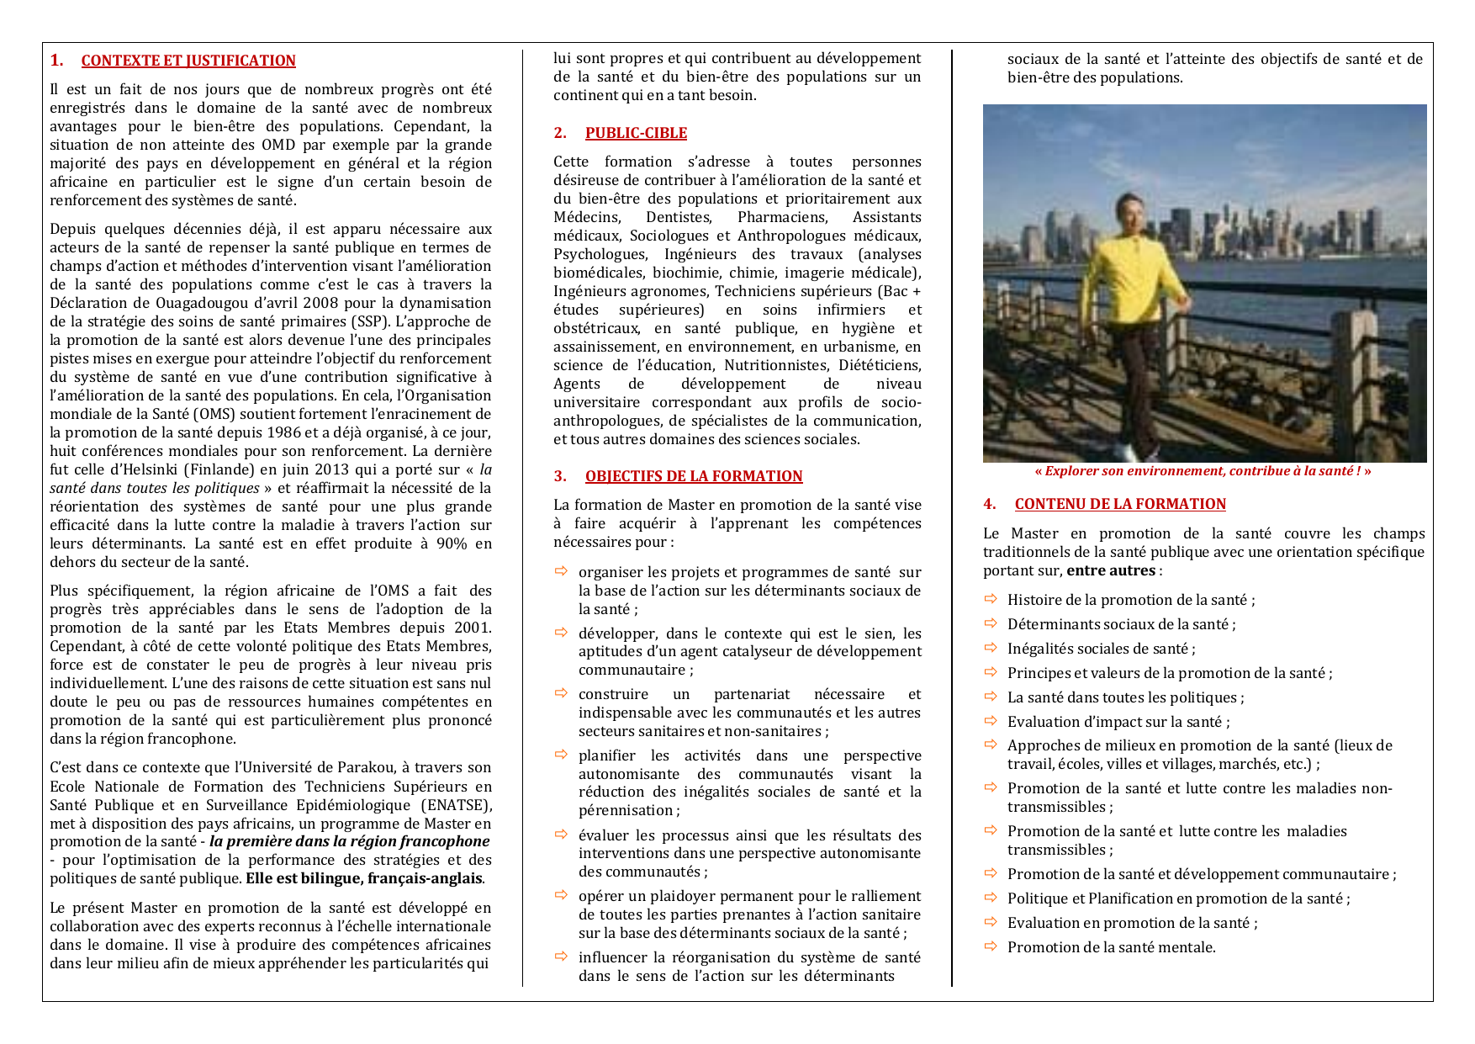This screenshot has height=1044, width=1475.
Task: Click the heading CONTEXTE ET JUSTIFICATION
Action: point(188,61)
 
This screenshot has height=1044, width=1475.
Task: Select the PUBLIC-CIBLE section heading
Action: point(636,133)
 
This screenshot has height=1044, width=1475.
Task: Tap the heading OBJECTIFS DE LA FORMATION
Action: point(694,476)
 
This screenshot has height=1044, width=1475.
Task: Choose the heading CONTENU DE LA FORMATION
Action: point(1120,504)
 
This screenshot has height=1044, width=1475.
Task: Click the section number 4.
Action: point(989,504)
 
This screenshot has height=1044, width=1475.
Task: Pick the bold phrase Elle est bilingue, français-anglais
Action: point(364,878)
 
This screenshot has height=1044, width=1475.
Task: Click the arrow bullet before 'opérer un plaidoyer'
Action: point(561,895)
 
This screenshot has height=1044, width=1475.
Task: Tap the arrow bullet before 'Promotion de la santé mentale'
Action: point(991,946)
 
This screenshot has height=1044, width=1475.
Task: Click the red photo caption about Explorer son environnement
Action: point(1203,471)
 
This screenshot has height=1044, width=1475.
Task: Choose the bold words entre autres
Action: point(1110,570)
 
